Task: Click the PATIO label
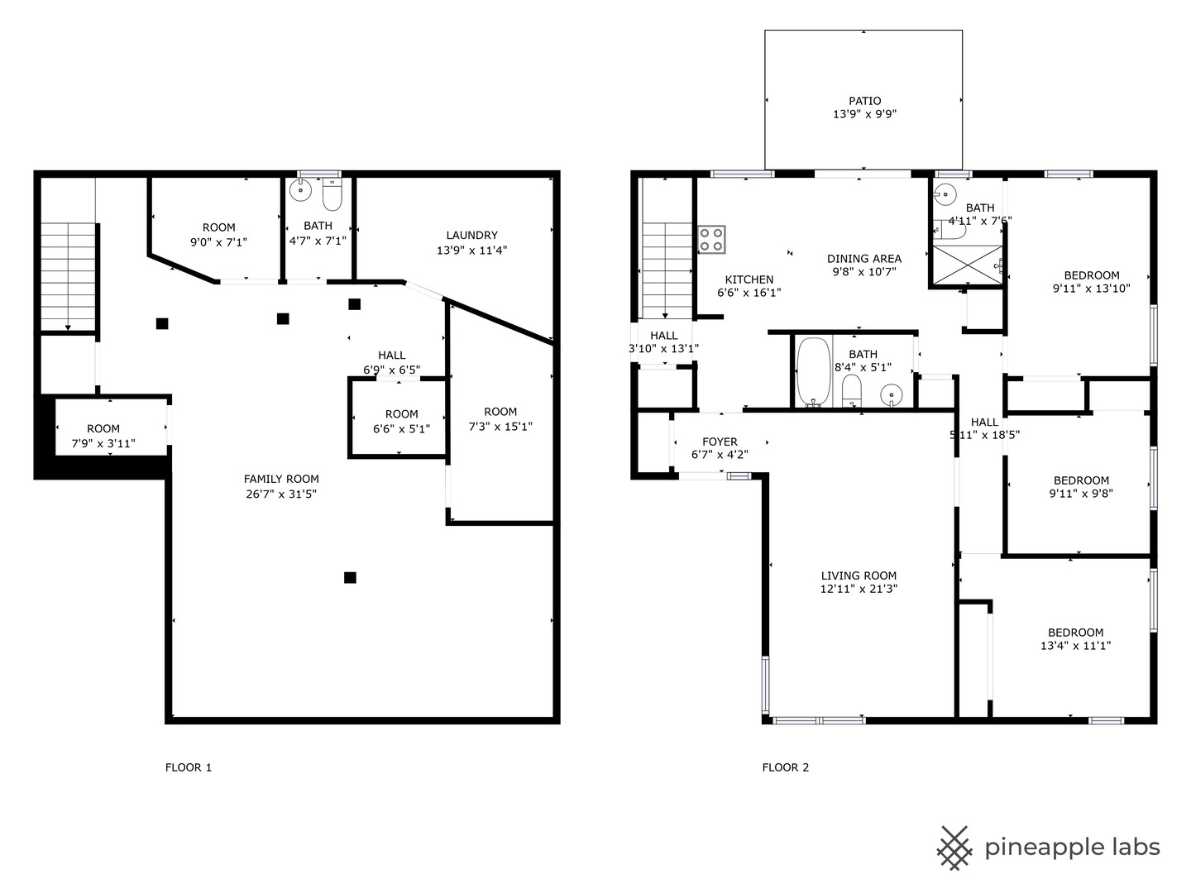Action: click(x=864, y=101)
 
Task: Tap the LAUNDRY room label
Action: click(x=471, y=236)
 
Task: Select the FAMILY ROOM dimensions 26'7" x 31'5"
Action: click(x=281, y=494)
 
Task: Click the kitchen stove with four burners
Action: click(x=711, y=239)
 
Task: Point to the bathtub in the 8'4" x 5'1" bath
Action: click(x=813, y=372)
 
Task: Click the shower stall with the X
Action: click(x=968, y=265)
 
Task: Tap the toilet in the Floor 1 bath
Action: click(x=332, y=194)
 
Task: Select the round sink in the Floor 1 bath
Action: click(x=300, y=190)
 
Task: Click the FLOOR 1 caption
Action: click(x=189, y=767)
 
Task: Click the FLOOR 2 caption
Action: click(x=785, y=767)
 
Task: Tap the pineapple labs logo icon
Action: click(x=954, y=848)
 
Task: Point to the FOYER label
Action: click(x=720, y=442)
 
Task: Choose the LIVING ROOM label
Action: click(x=859, y=575)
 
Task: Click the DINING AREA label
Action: click(x=863, y=259)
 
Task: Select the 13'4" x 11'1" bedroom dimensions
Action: click(x=1075, y=646)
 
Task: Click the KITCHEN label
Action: click(x=749, y=279)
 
